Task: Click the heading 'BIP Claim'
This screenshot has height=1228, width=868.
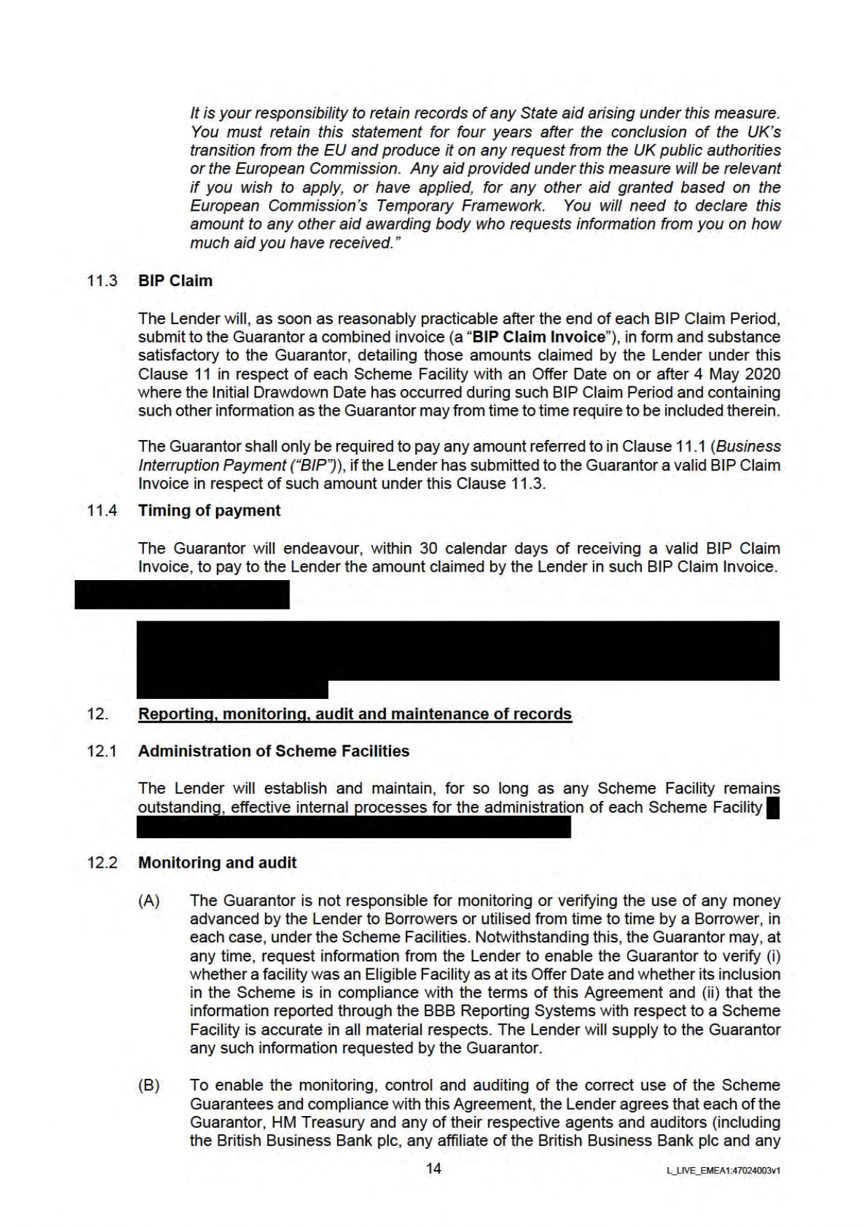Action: coord(175,281)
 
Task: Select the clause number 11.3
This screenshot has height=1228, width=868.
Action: coord(101,281)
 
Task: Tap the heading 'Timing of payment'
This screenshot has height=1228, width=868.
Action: coord(209,510)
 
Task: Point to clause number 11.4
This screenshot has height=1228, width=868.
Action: coord(101,510)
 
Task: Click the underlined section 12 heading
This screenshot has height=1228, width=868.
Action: coord(355,714)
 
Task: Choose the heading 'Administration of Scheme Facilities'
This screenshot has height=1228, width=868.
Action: coord(273,751)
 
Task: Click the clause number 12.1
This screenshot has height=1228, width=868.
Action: coord(101,751)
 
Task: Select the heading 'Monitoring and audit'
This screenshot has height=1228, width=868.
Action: coord(217,862)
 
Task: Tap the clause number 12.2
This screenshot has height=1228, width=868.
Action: coord(101,862)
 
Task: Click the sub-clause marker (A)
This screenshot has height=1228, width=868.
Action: coord(149,901)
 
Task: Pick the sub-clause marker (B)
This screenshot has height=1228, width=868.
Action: coord(149,1085)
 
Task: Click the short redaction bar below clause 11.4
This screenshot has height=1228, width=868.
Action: coord(182,595)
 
